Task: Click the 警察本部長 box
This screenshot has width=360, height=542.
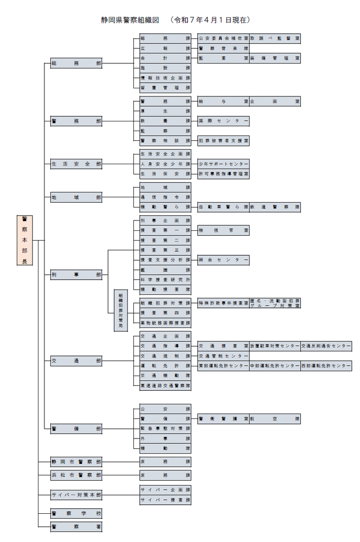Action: tap(24, 240)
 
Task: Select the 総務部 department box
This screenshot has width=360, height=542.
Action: tap(76, 63)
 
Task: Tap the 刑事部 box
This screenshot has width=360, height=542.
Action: tap(76, 275)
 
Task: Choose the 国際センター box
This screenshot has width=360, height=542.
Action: tap(223, 120)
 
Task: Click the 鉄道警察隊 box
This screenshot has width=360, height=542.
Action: tap(275, 207)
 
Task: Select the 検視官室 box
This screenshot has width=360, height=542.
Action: tap(223, 230)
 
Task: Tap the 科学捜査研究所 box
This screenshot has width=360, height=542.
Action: tap(165, 280)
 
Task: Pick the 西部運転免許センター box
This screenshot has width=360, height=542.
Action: tap(326, 366)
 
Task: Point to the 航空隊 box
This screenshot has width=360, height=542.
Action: tap(275, 418)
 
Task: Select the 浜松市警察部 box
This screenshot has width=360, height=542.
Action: tap(76, 475)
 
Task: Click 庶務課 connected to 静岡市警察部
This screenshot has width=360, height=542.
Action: tap(165, 462)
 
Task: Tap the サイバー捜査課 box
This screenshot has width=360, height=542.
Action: tap(165, 499)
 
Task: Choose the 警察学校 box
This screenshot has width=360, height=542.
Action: tap(76, 513)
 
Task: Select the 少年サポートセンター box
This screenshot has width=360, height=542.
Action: tap(223, 164)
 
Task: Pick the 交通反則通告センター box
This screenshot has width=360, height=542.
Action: tap(326, 346)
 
